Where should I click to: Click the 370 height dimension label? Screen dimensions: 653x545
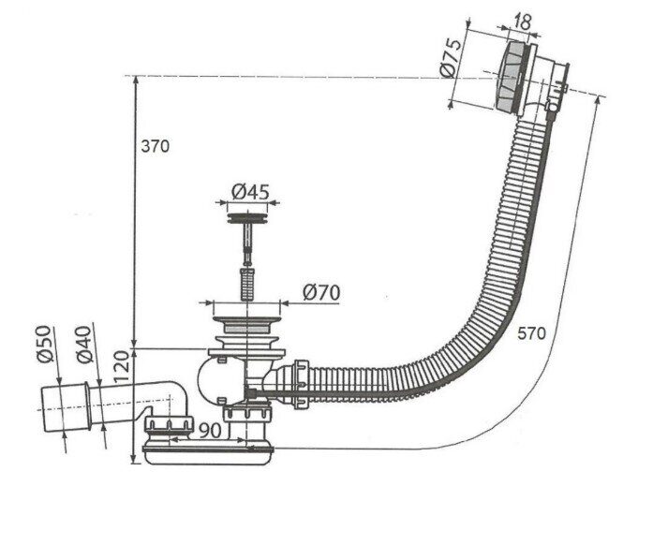click(155, 146)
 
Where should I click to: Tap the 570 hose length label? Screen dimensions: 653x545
click(531, 333)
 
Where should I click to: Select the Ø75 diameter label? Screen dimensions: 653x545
click(452, 58)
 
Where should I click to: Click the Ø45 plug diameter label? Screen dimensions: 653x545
click(251, 192)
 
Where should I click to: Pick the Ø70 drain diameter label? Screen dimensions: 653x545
click(321, 292)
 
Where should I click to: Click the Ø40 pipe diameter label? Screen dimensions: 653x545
click(83, 345)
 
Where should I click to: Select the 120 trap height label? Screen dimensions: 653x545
click(123, 367)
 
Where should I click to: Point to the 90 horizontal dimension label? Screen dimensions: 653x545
click(210, 431)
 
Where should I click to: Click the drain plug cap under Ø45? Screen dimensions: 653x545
click(247, 218)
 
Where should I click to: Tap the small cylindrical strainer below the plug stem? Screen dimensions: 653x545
click(247, 285)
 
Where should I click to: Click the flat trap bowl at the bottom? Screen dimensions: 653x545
click(209, 455)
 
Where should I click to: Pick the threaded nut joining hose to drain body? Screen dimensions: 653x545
click(301, 384)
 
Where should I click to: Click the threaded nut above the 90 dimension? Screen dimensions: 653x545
click(169, 424)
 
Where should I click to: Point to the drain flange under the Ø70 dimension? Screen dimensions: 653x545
click(246, 320)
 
